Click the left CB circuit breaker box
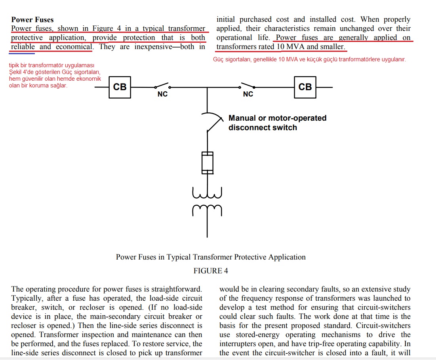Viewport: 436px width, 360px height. pos(120,87)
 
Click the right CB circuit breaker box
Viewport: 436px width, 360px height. pos(305,87)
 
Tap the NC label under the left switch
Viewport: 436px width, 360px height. pos(162,94)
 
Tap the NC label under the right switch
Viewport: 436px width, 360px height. pos(248,94)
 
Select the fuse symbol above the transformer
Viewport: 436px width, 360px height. pos(208,163)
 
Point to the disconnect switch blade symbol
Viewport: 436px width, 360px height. pos(215,122)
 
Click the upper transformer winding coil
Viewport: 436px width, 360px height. pos(207,193)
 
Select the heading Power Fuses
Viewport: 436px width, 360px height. pos(32,20)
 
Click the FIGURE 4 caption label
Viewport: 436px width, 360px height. pos(211,271)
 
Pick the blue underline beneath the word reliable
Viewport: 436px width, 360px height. pos(22,53)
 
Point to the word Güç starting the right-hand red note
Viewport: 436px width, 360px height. pos(218,59)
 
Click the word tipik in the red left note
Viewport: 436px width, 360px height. pos(14,66)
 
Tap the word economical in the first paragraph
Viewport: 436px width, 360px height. pos(74,47)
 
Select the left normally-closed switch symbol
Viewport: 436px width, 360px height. pos(163,85)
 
